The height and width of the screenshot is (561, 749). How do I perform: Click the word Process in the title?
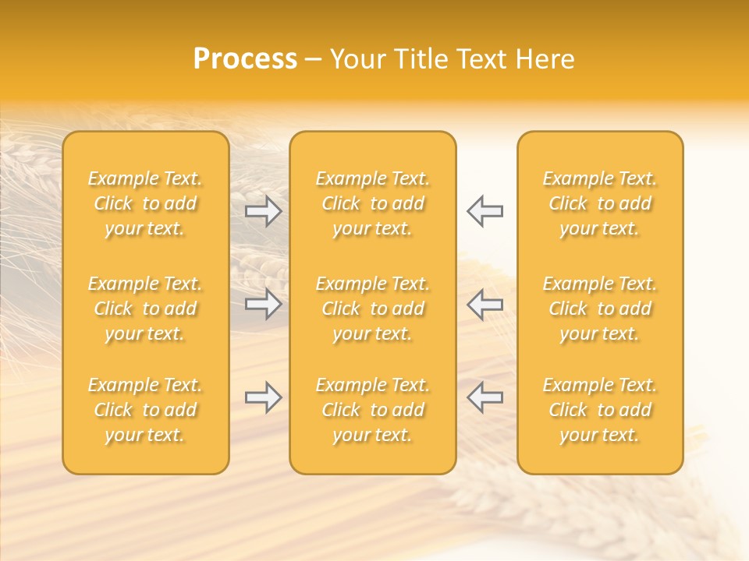click(245, 59)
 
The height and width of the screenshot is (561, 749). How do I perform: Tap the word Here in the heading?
click(545, 59)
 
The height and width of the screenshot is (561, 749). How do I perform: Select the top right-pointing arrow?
click(263, 211)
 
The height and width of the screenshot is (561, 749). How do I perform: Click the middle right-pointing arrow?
click(263, 304)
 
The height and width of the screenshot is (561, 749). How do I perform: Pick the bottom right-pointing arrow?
click(263, 397)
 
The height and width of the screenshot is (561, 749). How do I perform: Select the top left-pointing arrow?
click(485, 211)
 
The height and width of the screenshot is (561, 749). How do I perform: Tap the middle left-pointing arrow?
click(485, 304)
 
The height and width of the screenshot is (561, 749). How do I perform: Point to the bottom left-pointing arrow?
click(485, 397)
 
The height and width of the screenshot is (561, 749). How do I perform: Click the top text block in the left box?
click(145, 203)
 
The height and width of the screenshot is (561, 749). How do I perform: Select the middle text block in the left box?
click(145, 309)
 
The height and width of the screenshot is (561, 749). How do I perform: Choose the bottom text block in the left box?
click(145, 410)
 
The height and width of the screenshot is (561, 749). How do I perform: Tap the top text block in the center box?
click(372, 203)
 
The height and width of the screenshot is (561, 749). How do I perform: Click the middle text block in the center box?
click(372, 309)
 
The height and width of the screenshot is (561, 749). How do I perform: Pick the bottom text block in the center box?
click(372, 410)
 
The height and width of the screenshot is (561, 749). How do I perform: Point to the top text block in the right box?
click(599, 203)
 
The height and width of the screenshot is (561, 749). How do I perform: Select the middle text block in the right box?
click(599, 309)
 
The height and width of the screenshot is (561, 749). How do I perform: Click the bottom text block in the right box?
click(599, 410)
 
